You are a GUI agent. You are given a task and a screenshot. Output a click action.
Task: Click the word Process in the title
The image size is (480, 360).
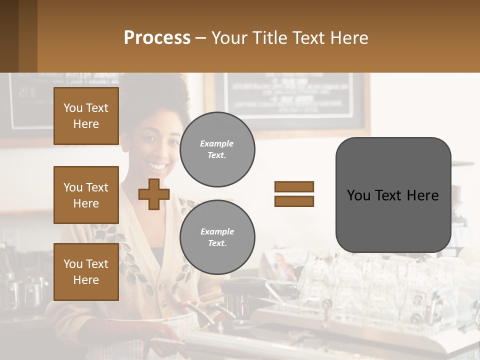pos(157,38)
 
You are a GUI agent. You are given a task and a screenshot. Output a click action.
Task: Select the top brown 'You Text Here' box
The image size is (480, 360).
pos(86,116)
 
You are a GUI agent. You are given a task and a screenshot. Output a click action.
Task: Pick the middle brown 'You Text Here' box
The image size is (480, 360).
pos(86,195)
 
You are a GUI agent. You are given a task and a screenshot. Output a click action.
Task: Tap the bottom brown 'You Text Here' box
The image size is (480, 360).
pos(86,271)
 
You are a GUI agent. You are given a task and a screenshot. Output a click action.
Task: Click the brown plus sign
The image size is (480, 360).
pos(153,194)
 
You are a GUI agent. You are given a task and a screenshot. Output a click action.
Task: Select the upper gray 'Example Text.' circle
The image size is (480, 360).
pos(217,149)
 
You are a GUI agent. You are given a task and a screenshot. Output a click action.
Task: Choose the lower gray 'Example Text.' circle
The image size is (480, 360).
pos(217,237)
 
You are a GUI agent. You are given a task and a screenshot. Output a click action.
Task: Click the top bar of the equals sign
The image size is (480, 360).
pos(294,186)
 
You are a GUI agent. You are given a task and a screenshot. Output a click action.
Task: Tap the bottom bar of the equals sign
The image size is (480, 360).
pos(294,201)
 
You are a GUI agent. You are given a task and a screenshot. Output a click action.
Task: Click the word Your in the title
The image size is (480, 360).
pos(229,38)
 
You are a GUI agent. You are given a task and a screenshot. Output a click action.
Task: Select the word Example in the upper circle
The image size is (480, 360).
pos(217,143)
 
